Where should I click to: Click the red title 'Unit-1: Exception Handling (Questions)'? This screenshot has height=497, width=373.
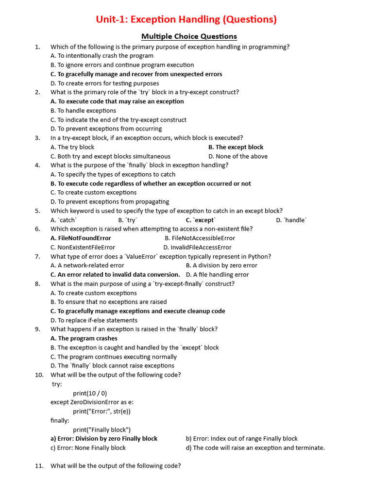pos(186,19)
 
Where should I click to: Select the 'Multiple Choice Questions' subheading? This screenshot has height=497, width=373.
pos(189,36)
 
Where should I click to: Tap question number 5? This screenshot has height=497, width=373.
pos(37,211)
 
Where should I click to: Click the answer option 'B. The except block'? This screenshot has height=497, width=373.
pos(236,147)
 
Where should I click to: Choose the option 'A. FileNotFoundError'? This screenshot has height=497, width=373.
pos(81,238)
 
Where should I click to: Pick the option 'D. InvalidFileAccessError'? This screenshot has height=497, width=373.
pos(197,248)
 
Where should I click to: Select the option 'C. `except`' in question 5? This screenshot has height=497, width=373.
pos(201,220)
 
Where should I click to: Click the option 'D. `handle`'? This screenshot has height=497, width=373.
pos(291,220)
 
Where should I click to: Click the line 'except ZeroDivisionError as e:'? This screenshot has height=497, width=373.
pos(92,402)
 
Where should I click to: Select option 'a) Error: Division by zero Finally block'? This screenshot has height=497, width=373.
pos(104,439)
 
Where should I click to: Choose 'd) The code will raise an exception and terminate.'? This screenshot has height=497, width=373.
pos(255,448)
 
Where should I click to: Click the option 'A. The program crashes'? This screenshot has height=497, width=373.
pos(84,338)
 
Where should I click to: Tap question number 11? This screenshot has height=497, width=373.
pos(39,466)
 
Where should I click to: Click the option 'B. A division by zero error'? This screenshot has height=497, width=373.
pos(221,265)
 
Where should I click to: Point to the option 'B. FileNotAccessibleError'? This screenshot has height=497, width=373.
pos(200,238)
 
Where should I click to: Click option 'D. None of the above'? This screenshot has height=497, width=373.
pos(238,156)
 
